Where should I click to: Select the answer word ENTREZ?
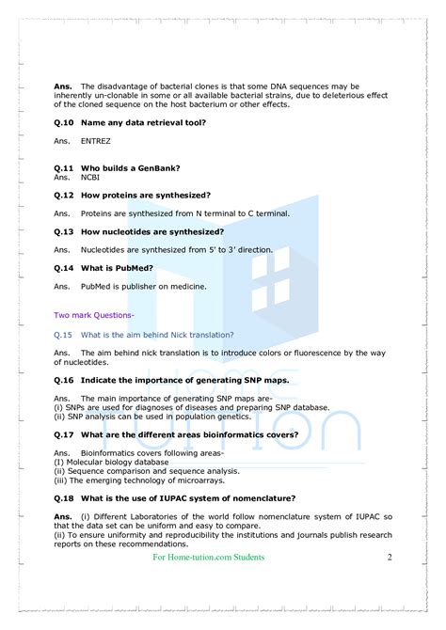(x=96, y=141)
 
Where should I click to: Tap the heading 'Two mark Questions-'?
(x=94, y=315)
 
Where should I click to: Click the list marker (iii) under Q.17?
(x=62, y=480)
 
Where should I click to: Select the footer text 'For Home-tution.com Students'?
(x=209, y=557)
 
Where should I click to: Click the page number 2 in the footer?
(x=389, y=557)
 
